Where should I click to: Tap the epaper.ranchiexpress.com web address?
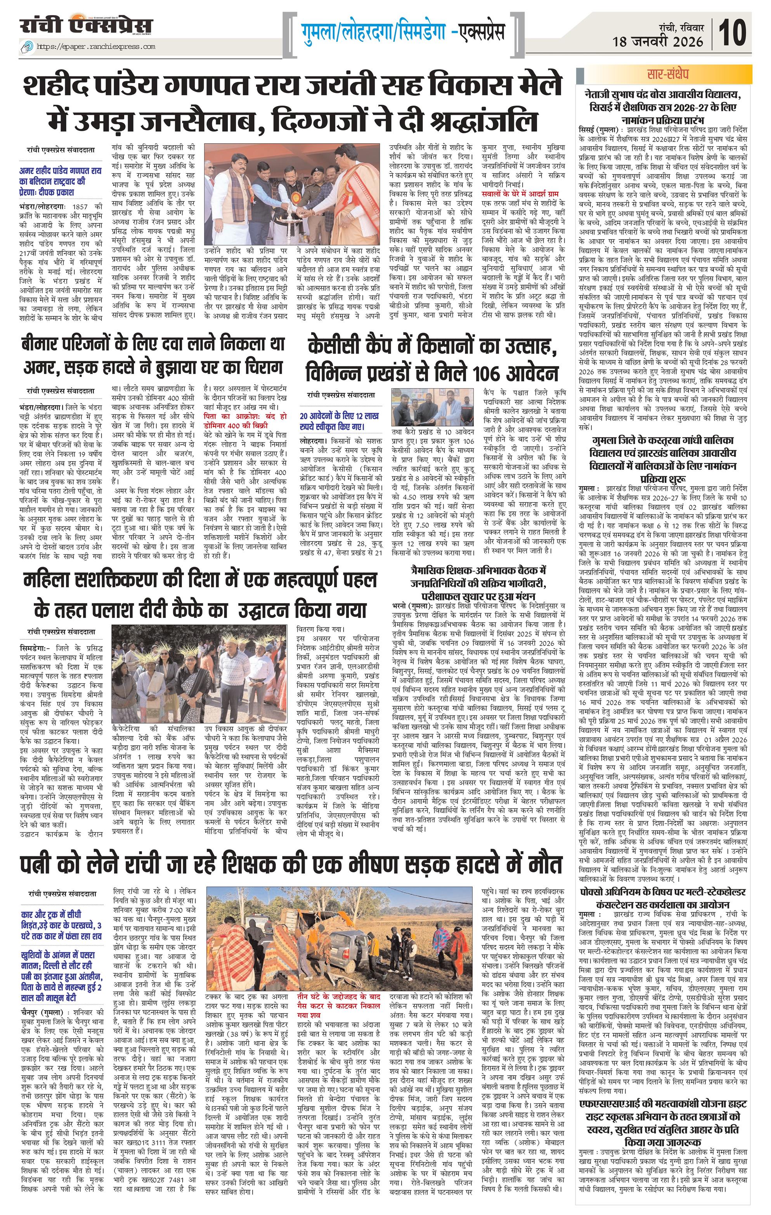pos(96,47)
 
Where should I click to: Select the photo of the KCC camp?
pos(435,408)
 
